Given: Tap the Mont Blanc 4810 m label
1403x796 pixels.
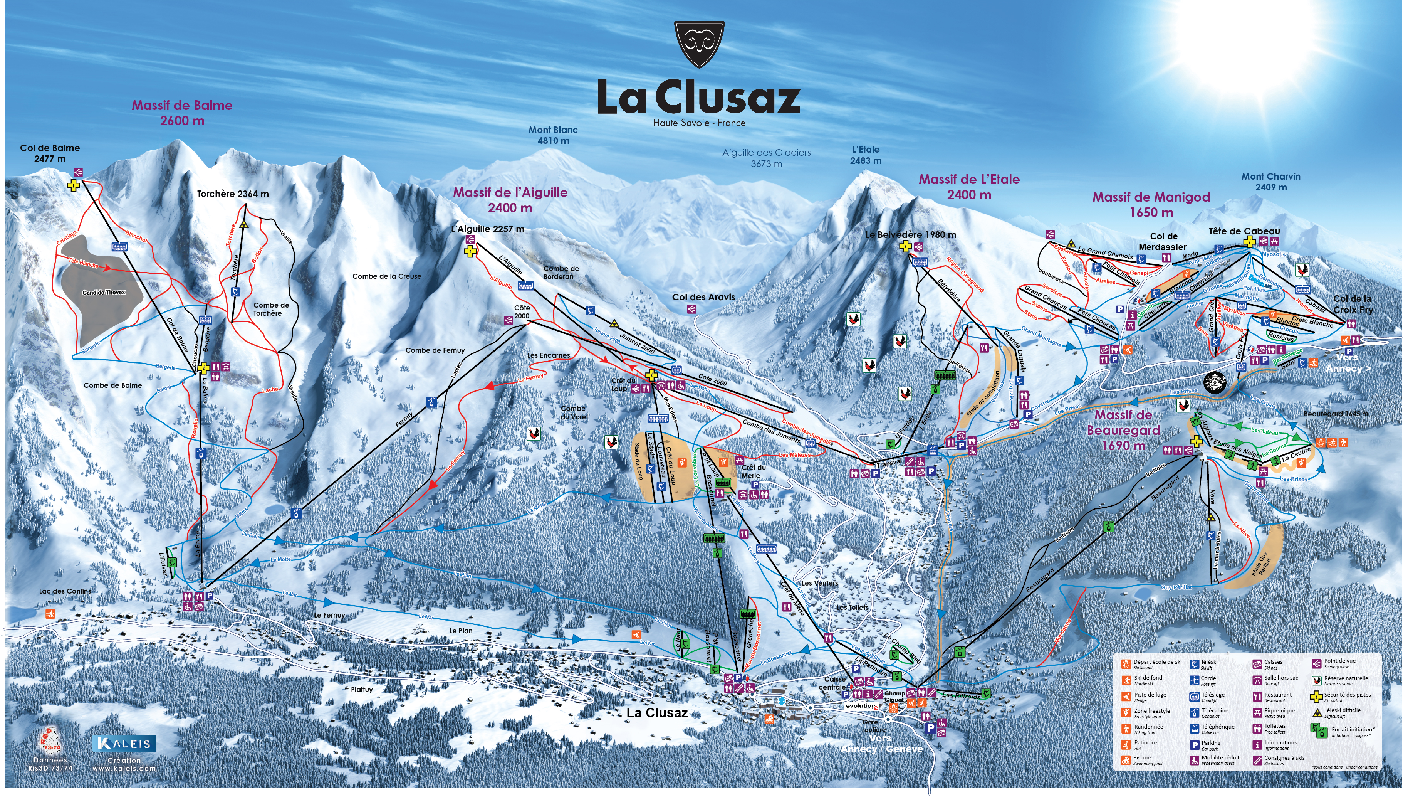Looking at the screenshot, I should pos(553,135).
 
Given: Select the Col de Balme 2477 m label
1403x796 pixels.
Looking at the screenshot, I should pos(50,153).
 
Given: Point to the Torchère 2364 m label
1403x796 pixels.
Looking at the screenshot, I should pos(233,194).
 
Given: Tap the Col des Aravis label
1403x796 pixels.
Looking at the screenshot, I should pos(703,297).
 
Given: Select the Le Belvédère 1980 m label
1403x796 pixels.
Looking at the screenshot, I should pos(910,234).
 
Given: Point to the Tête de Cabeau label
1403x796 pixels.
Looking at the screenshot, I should pos(1244,231).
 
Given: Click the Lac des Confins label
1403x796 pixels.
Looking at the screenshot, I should pos(65,591).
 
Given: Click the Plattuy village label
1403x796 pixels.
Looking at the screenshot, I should pos(362,689).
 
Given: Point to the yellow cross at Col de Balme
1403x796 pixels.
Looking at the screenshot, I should pos(73,186).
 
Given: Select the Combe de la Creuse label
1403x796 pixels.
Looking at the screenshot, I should pos(386,276).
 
